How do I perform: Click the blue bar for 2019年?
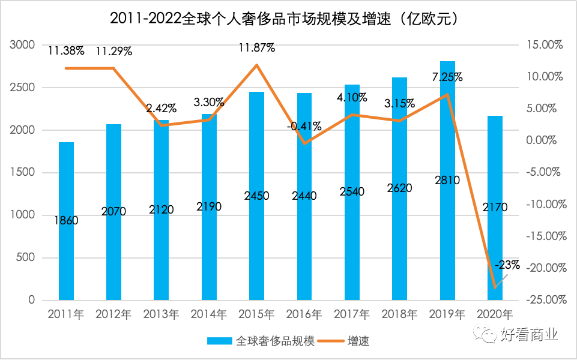[x=447, y=180]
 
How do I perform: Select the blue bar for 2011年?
[x=66, y=252]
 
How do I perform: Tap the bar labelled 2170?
[x=495, y=240]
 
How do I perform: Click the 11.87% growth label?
[x=256, y=48]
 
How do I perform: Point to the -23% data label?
[x=508, y=265]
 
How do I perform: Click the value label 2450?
[x=256, y=196]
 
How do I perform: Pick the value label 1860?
[x=66, y=220]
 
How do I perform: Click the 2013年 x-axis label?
[x=161, y=314]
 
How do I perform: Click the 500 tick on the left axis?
[x=28, y=258]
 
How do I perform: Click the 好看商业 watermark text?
[x=529, y=335]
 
